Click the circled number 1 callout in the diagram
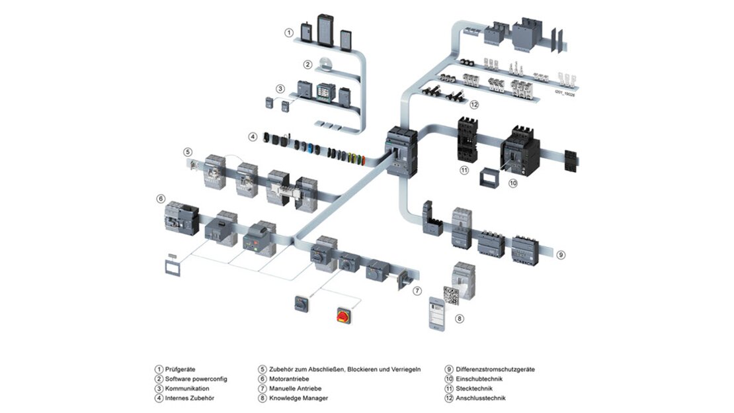(288, 32)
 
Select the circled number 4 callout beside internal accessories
(253, 137)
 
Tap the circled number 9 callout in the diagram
(560, 254)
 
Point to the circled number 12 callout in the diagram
(473, 105)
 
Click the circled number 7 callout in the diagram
(417, 291)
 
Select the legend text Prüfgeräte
(181, 369)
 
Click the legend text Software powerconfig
(196, 379)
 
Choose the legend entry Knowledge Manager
(298, 398)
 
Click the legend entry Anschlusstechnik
(481, 398)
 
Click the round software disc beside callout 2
(325, 64)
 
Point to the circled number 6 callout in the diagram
(160, 199)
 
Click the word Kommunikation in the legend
(188, 388)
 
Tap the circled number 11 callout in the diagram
(464, 170)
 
